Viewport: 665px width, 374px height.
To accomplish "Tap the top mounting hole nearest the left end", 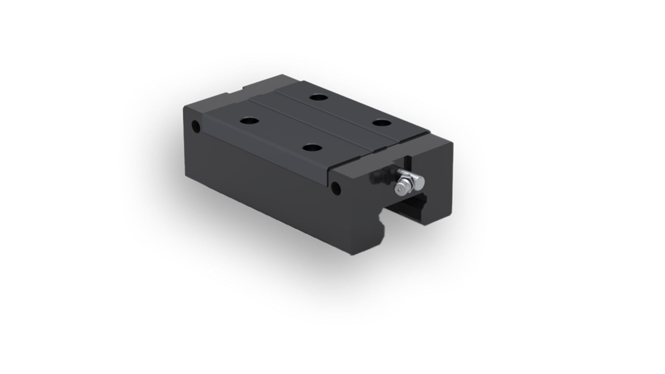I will pos(250,121).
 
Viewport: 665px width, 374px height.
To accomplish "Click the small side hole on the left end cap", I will pos(196,126).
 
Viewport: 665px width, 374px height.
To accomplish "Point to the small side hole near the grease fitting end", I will pos(335,188).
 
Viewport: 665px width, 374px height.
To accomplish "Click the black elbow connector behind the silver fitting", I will pos(379,177).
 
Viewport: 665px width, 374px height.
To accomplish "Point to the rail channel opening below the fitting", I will pos(409,211).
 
